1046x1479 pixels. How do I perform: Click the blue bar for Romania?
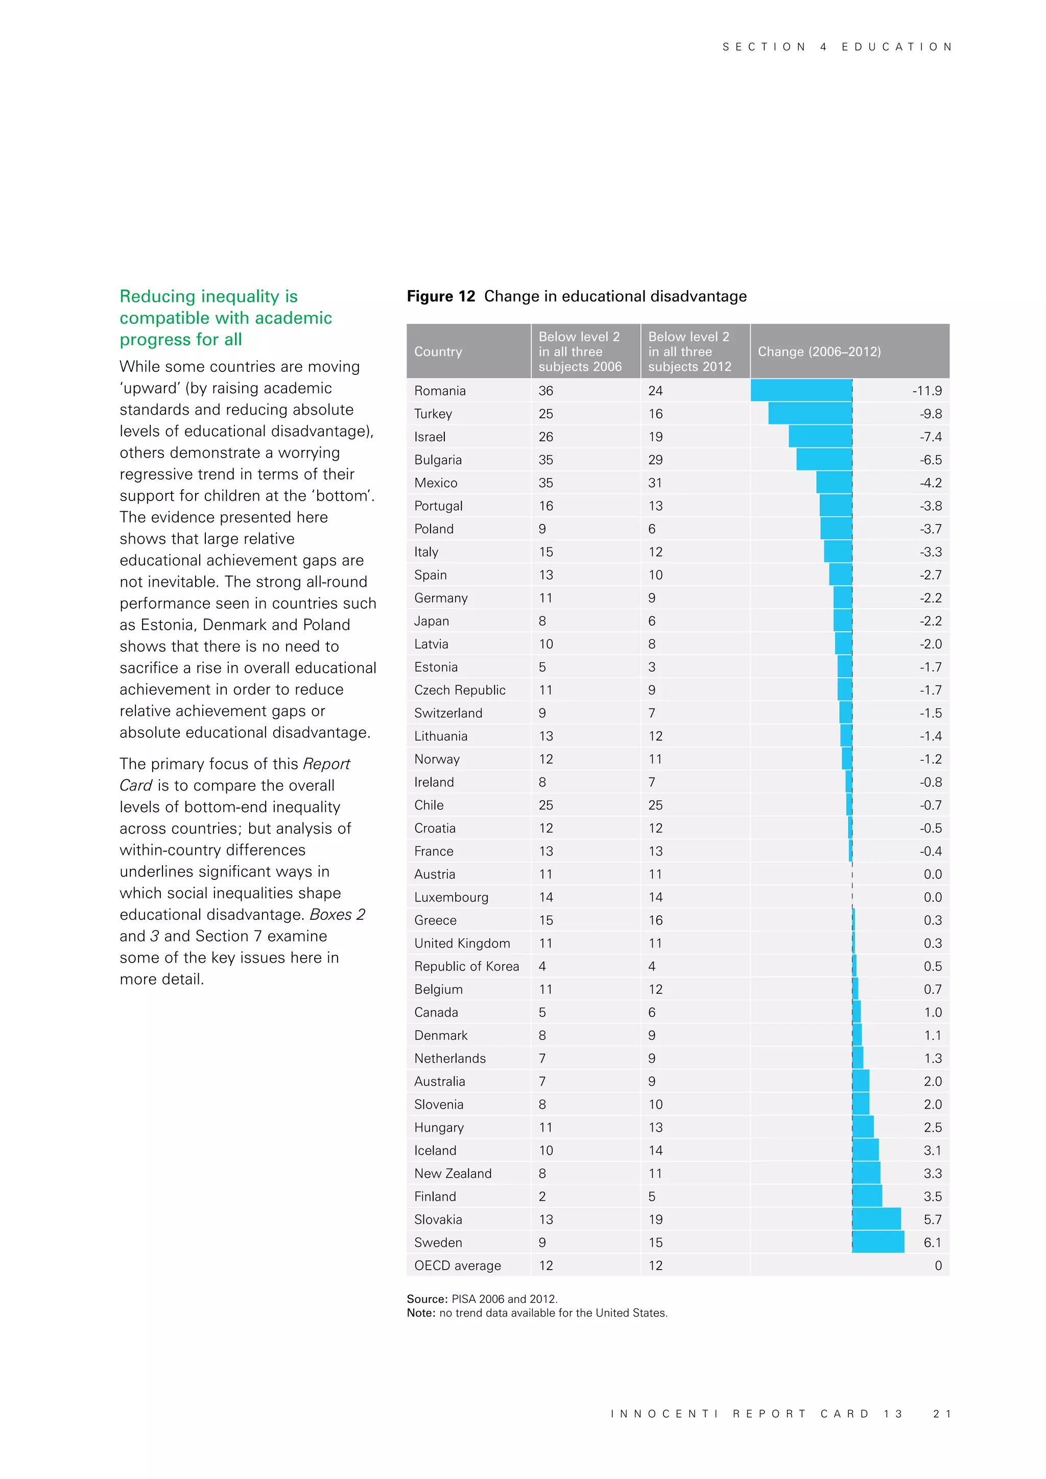coord(801,390)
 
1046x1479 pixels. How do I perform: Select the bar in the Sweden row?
coord(878,1242)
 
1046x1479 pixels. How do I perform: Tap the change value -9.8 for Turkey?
coord(931,414)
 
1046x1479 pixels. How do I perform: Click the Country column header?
coord(438,352)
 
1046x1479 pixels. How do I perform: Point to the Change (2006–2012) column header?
coord(819,352)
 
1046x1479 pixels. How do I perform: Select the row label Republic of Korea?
coord(466,966)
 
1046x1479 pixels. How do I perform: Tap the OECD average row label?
coord(457,1265)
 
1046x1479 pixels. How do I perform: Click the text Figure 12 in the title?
coord(441,296)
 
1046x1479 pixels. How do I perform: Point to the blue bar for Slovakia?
coord(876,1219)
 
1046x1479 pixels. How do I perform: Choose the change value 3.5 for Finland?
coord(932,1196)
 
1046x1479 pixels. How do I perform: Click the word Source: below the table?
coord(426,1299)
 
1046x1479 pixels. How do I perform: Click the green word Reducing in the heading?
coord(158,296)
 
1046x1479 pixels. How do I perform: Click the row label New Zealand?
coord(453,1173)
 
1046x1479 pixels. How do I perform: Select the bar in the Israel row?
coord(820,436)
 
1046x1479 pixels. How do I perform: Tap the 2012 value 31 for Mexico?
coord(655,483)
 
